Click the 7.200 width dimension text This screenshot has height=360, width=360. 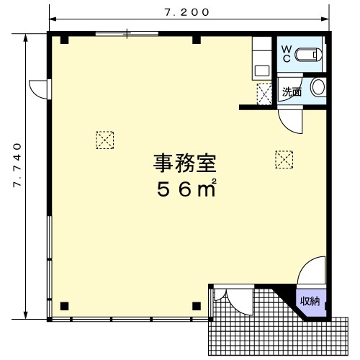pos(187,12)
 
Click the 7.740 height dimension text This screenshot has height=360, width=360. pos(17,166)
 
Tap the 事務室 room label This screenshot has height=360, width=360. pos(185,163)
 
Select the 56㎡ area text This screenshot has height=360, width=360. pos(186,188)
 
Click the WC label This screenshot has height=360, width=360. pos(287,54)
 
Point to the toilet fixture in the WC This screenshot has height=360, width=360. pos(308,55)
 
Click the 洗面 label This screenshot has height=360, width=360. pos(292,92)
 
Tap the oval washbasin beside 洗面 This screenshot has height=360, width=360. pos(318,87)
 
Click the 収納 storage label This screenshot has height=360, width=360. pos(310,301)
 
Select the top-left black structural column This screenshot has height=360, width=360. pos(64,40)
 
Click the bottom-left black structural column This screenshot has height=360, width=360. pos(64,306)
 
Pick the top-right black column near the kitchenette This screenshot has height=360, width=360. pos(197,40)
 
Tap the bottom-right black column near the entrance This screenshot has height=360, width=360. pos(197,306)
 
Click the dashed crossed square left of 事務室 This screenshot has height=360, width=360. pos(105,140)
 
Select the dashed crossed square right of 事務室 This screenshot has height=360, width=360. pos(284,159)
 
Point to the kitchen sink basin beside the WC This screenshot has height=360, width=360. pos(262,71)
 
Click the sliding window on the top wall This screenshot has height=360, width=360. pos(127,34)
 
